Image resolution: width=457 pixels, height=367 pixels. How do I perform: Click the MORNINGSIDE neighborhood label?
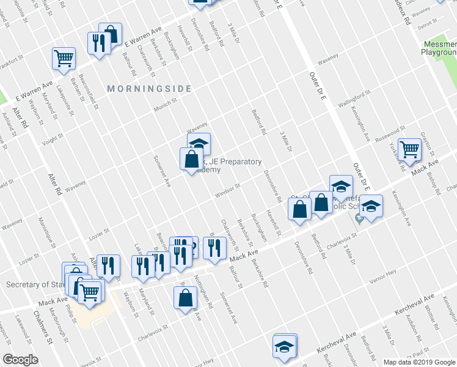[x=149, y=89]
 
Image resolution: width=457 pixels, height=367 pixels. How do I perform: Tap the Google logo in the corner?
[x=20, y=360]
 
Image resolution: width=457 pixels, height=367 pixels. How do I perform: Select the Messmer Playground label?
[x=439, y=48]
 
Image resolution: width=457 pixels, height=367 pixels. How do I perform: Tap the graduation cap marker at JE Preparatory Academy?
[x=199, y=144]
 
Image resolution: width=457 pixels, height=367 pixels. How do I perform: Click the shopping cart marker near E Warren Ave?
[x=64, y=59]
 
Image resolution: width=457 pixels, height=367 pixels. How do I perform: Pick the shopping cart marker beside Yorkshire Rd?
[x=409, y=148]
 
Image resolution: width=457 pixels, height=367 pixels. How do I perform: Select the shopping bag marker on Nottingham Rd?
[x=185, y=298]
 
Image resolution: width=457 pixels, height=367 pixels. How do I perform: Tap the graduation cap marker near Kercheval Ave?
[x=284, y=346]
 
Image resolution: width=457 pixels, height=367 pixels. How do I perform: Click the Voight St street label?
[x=52, y=140]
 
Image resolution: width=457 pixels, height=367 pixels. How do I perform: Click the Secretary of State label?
[x=34, y=284]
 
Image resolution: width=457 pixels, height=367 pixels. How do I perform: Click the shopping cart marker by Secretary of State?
[x=89, y=294]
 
